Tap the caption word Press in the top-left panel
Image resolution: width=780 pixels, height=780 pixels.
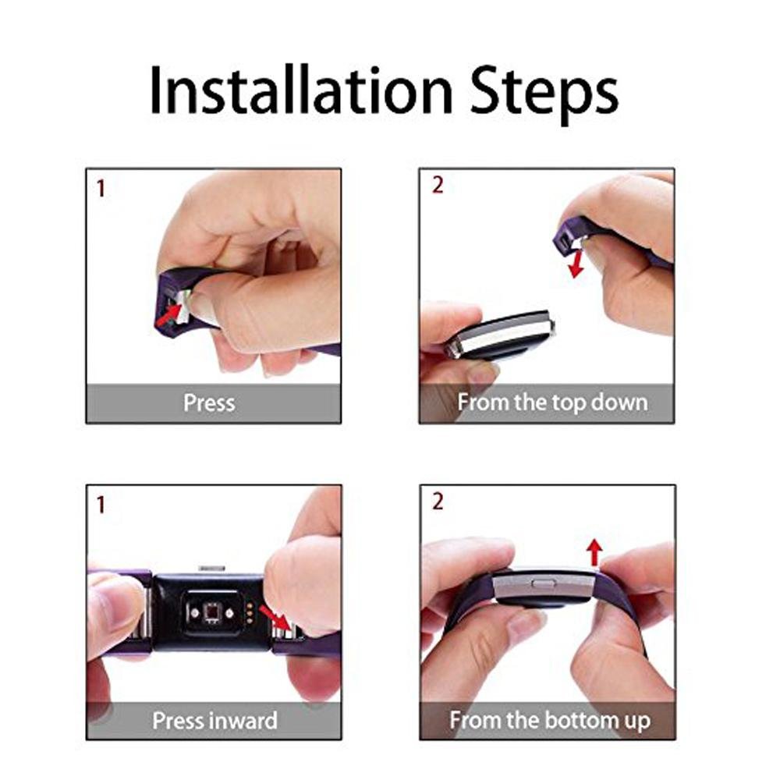pos(208,403)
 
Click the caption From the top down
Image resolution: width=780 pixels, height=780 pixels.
pos(552,403)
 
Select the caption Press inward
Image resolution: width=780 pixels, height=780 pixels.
pos(214,719)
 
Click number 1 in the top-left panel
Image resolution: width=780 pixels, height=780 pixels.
pos(100,188)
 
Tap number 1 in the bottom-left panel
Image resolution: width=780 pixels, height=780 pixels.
pos(100,505)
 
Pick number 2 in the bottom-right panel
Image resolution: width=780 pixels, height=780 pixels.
pos(437,502)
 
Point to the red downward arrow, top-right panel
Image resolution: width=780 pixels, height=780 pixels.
pos(576,263)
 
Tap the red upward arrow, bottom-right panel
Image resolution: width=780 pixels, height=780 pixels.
pos(594,553)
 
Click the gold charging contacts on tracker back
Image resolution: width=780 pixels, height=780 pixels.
pos(247,612)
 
